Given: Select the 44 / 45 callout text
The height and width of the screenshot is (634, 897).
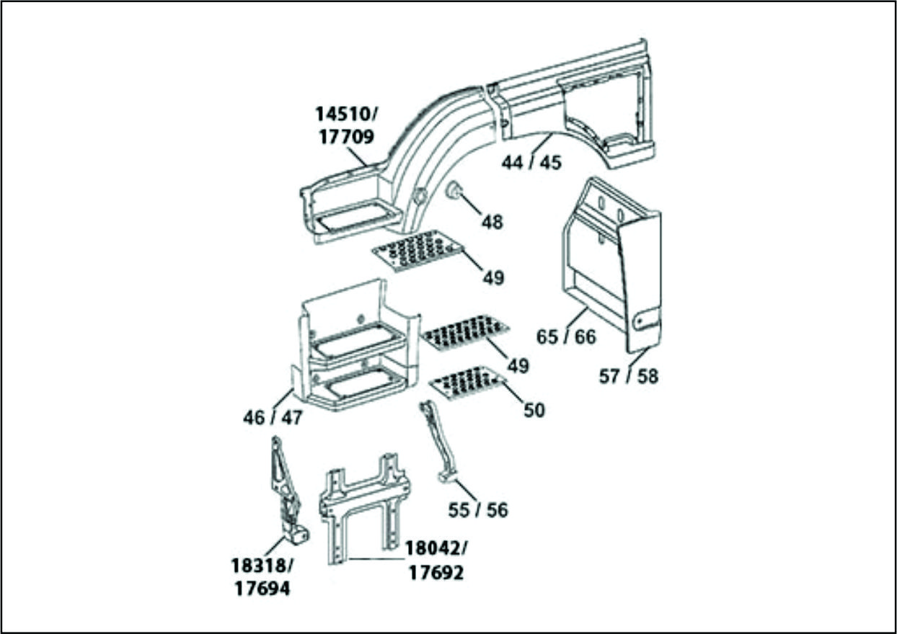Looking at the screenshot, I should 531,163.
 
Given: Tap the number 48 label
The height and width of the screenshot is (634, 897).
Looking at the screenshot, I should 492,222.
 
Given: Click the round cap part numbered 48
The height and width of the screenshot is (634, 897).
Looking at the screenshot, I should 455,192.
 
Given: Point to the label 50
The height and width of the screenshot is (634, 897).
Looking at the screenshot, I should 534,410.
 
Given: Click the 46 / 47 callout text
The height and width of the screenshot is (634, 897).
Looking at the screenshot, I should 273,417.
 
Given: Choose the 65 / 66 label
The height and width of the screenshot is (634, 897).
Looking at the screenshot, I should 567,336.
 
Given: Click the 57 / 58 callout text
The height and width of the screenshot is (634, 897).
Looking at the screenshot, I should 629,376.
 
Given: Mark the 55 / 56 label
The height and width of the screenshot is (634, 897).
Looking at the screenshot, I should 477,510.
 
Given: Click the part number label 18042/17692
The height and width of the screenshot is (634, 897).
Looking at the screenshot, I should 435,561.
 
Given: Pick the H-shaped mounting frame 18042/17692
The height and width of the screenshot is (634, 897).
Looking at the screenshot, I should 364,504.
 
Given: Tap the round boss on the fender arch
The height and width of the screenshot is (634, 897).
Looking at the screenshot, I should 417,196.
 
